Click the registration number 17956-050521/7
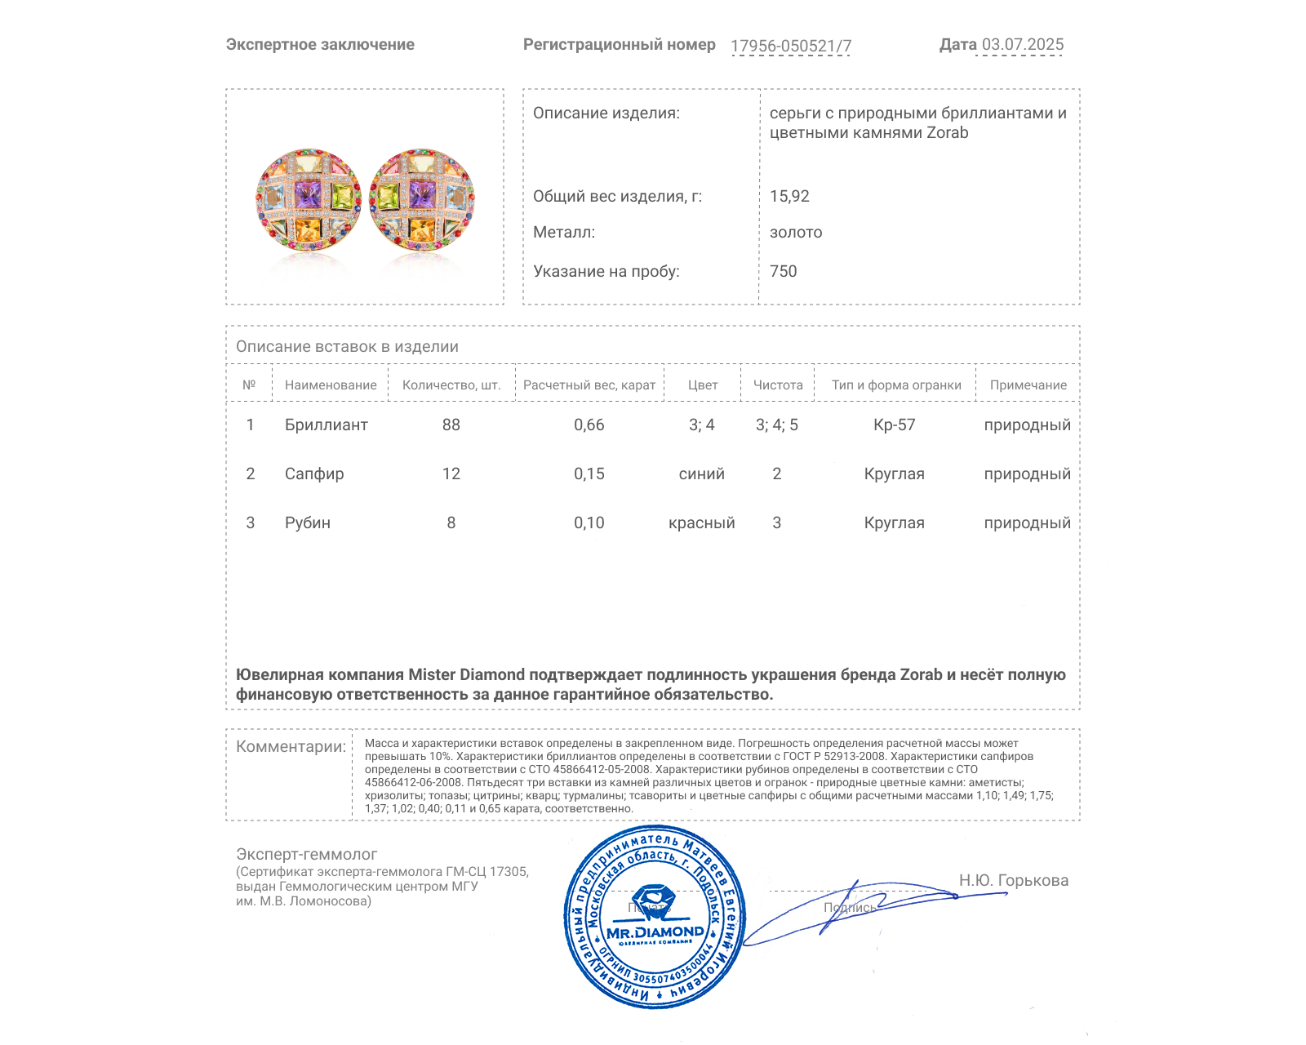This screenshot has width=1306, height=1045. click(790, 46)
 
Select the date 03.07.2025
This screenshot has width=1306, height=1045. click(1022, 45)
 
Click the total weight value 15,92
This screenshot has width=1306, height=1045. click(789, 196)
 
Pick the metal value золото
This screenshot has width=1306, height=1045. click(796, 232)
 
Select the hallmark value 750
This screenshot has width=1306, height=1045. click(783, 271)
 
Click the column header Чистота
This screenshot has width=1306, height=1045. click(778, 385)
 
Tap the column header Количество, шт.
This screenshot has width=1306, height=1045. click(451, 385)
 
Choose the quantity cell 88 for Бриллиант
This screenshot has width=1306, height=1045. click(451, 425)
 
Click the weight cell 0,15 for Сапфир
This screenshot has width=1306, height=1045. click(589, 474)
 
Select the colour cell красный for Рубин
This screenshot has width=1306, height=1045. click(701, 522)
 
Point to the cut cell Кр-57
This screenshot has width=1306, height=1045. click(895, 425)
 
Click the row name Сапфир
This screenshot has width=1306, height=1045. click(314, 474)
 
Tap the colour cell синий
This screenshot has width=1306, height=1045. click(701, 474)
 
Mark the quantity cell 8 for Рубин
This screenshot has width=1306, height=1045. click(451, 522)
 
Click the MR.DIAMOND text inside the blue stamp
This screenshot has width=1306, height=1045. click(655, 932)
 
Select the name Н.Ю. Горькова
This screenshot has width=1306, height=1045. click(1013, 880)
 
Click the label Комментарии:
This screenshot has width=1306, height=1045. click(291, 746)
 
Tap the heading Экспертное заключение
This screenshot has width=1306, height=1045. click(320, 45)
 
